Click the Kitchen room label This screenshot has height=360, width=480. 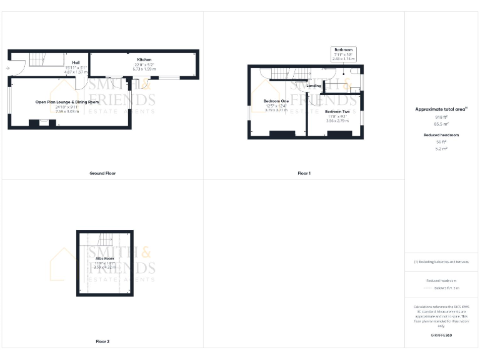point(144,59)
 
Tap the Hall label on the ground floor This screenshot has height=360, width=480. point(76,62)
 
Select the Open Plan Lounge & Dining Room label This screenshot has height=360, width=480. point(67,102)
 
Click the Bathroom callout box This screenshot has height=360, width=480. point(344,52)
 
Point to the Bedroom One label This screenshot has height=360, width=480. point(276,101)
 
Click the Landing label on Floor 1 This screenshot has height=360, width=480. point(314,86)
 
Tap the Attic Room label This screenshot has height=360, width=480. point(104,258)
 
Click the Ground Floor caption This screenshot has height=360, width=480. point(102,173)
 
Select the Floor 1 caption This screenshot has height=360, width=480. point(304,173)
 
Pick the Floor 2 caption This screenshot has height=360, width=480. point(102,341)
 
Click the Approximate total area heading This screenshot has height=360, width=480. point(441,109)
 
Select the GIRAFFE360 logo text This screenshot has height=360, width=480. point(441,336)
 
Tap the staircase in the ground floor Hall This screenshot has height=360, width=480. point(38,59)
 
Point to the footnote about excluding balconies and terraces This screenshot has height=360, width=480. point(441,262)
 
